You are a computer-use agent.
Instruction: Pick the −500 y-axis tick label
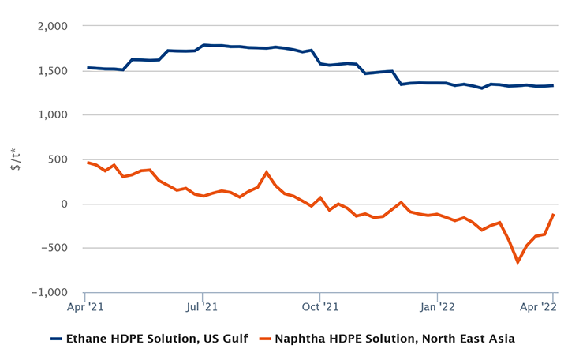(57, 249)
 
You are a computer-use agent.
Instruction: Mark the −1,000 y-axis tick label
(50, 293)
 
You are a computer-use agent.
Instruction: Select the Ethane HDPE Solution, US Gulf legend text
(157, 339)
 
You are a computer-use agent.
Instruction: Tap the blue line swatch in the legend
(56, 339)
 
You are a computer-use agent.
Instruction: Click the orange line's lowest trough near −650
(518, 262)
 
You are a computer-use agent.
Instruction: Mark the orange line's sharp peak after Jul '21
(267, 172)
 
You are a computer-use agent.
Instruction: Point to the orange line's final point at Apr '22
(553, 214)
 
